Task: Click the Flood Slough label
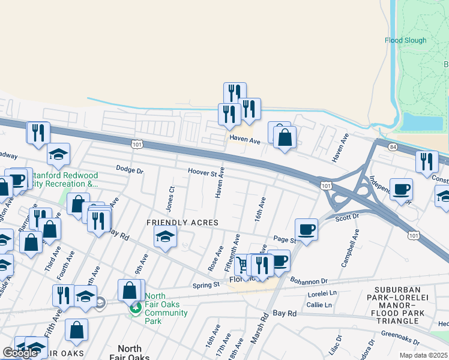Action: pos(405,41)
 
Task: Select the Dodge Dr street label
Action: pos(130,170)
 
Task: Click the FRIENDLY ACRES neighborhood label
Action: pos(175,223)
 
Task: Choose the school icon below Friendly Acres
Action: pos(165,236)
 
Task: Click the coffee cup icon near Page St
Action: pos(306,229)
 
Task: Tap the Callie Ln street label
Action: pos(319,305)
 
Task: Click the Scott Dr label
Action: pos(347,217)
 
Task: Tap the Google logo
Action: pos(20,353)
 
